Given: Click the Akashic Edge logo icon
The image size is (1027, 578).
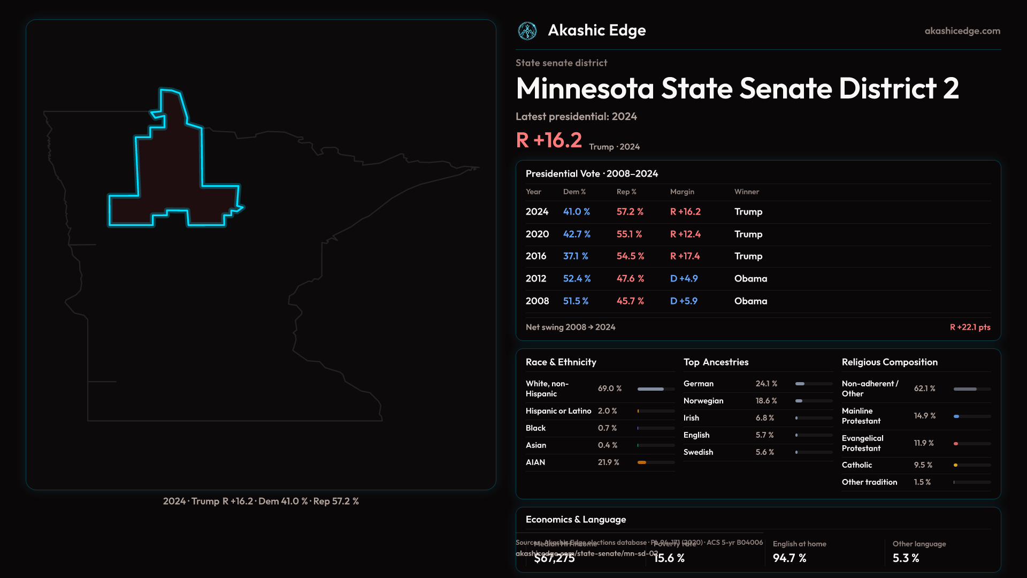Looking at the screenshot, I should point(527,31).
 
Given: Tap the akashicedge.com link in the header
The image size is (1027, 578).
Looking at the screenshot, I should point(962,31).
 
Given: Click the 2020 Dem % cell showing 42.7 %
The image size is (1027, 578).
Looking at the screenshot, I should point(577,234).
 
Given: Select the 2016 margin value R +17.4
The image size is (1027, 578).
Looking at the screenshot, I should point(685,256).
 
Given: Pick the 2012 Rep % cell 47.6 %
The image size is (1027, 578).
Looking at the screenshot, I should point(630,279).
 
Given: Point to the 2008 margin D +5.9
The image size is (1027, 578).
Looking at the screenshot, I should point(684,301).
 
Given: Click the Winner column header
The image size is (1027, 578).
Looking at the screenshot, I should point(746,192).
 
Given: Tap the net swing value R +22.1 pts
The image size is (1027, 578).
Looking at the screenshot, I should point(970,328).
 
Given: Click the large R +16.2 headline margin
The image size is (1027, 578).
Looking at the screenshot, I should point(549,140).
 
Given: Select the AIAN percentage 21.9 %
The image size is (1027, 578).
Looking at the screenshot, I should point(608,462).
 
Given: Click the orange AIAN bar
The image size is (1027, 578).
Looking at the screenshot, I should point(642,462).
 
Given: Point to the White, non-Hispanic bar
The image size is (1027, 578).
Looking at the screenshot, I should point(650,389).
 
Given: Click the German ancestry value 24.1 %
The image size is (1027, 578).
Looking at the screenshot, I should point(766,384).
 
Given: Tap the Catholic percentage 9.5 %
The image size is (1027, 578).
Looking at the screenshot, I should point(923,465).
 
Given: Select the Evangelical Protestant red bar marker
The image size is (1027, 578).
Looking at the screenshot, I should point(956,444).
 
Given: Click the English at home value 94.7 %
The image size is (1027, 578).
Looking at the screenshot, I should point(789,558).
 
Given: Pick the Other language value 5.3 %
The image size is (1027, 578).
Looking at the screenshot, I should point(906,558).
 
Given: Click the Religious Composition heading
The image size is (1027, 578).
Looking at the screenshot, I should point(889,362).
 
